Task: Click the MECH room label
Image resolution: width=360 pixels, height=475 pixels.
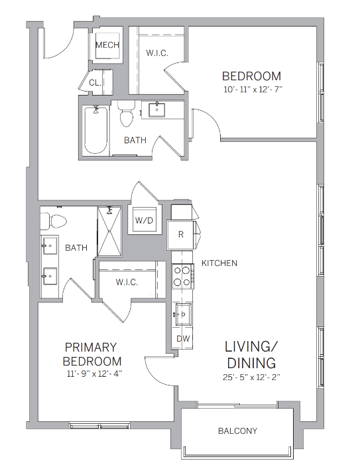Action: coord(107,45)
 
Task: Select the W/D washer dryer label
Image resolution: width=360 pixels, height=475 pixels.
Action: coord(145,220)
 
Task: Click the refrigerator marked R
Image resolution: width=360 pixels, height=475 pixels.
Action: coord(180,234)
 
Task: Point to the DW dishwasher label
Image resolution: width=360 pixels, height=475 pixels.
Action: coord(182,338)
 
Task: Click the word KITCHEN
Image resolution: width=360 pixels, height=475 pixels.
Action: coord(219,263)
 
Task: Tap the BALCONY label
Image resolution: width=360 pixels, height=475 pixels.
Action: coord(237,431)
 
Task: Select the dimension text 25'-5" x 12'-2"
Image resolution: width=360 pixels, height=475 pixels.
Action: coord(251,378)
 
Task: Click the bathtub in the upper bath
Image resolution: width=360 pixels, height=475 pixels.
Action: coord(96,130)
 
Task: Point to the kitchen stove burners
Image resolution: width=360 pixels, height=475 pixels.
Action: coord(182,276)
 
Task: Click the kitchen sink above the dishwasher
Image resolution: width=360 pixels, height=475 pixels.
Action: coord(182,312)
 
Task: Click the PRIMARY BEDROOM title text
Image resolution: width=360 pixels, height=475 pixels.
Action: coord(91,354)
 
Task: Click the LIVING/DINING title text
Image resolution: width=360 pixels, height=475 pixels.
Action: coord(251,355)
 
